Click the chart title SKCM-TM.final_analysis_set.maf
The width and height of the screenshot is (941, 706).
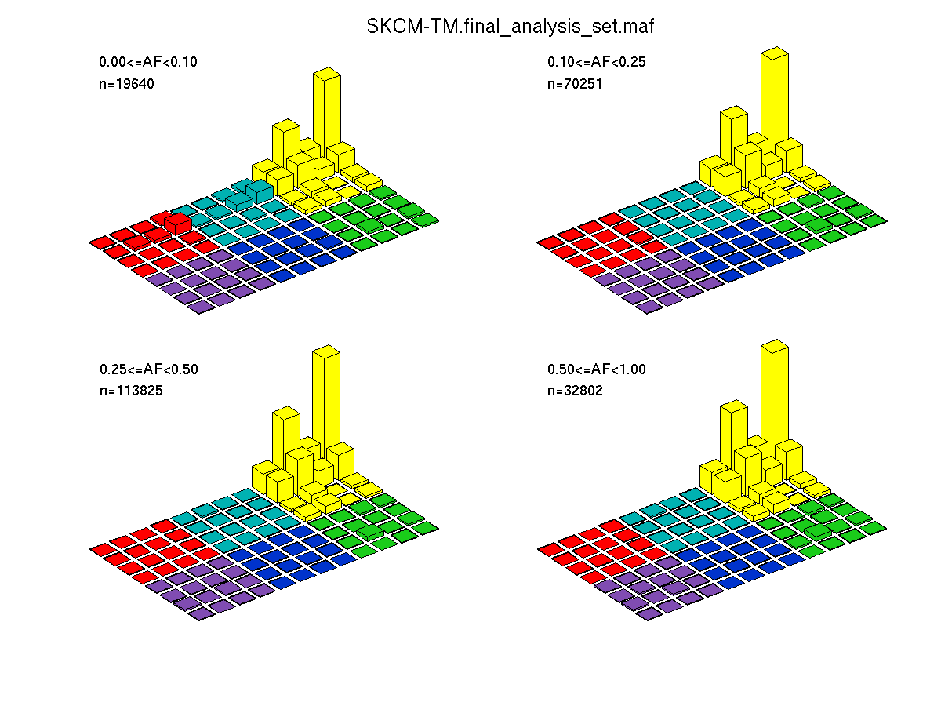(510, 26)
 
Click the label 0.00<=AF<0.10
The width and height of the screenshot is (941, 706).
(142, 62)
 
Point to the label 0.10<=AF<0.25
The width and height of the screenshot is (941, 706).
(596, 62)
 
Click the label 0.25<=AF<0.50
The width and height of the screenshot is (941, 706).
(148, 369)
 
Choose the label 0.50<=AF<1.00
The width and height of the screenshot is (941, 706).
(596, 369)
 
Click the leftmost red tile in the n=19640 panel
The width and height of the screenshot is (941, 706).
(101, 242)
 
